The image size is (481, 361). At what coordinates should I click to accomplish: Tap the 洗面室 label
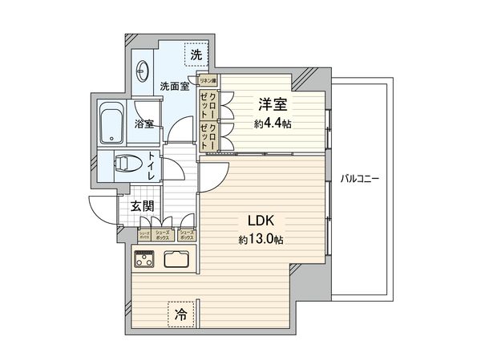[173, 87]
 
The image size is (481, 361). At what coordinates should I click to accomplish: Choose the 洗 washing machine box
[195, 55]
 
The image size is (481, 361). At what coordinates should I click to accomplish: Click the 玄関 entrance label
[143, 205]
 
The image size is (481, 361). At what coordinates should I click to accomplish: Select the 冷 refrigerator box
[180, 314]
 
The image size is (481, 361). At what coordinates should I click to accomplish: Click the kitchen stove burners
[145, 259]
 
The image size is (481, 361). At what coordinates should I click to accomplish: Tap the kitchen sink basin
[176, 259]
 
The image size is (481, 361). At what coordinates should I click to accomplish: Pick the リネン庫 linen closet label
[208, 80]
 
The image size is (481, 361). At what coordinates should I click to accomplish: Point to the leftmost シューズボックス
[144, 234]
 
